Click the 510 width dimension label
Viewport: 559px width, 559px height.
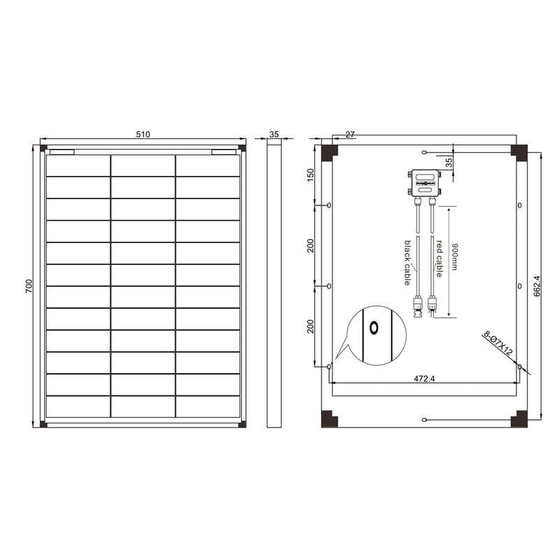[144, 134]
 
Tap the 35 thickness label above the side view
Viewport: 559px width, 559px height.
[274, 134]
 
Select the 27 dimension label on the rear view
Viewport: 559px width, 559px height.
[350, 133]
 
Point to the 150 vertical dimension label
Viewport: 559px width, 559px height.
[311, 175]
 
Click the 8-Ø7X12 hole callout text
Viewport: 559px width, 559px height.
[498, 344]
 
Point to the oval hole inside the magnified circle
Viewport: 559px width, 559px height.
[374, 328]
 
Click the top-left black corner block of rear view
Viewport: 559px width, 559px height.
[328, 151]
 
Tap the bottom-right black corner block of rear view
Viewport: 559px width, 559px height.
[518, 420]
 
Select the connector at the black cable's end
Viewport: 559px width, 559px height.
[417, 305]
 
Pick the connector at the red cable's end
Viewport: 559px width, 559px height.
[433, 305]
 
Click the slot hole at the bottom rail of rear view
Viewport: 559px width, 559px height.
[424, 419]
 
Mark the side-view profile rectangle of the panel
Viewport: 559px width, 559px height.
[274, 283]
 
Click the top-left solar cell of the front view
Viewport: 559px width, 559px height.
[78, 166]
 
